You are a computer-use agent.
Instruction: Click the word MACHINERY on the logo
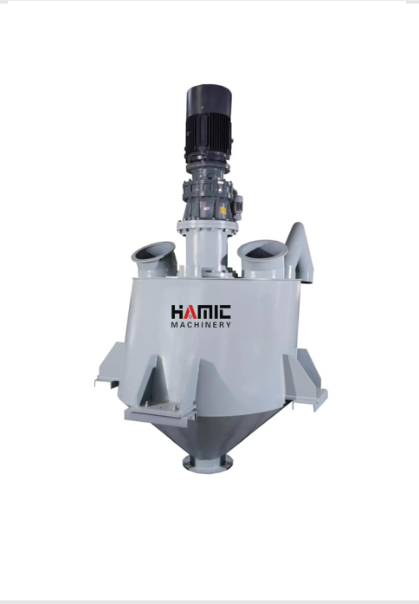point(201,325)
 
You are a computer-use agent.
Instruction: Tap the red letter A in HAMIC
point(187,312)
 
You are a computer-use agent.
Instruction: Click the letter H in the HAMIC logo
point(177,312)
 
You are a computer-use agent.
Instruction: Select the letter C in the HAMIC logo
point(224,312)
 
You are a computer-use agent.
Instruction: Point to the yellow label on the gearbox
point(223,211)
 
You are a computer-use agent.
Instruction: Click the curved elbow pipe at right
point(300,250)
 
